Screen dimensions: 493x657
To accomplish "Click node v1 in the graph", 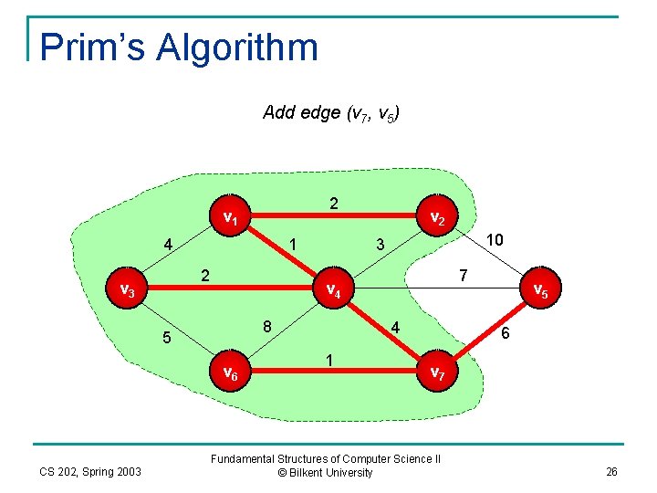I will [x=231, y=219].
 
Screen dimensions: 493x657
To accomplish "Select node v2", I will [x=437, y=219].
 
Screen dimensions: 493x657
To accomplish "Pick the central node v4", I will [x=334, y=291].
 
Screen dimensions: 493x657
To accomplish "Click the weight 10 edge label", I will [x=495, y=239].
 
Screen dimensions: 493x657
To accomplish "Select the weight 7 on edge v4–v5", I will [x=464, y=274].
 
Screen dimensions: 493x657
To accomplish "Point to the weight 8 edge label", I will [x=266, y=326].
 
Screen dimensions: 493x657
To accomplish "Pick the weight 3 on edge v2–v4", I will [x=381, y=245].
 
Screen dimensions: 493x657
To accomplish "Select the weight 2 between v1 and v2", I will [x=334, y=203].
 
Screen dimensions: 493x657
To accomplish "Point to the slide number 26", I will [x=611, y=471].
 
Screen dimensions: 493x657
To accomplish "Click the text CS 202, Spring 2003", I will [x=90, y=471].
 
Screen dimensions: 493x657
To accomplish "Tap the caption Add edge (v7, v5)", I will [x=330, y=113].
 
